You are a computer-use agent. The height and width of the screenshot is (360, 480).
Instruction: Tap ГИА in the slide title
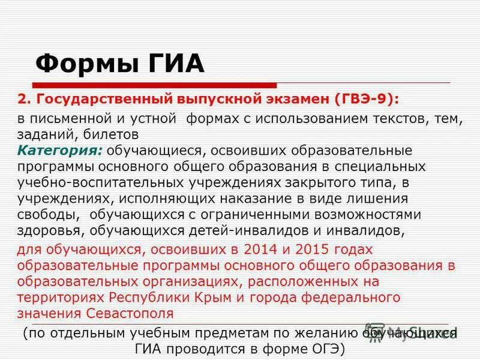coord(173,63)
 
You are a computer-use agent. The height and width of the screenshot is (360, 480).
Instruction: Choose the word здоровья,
coord(50,230)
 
